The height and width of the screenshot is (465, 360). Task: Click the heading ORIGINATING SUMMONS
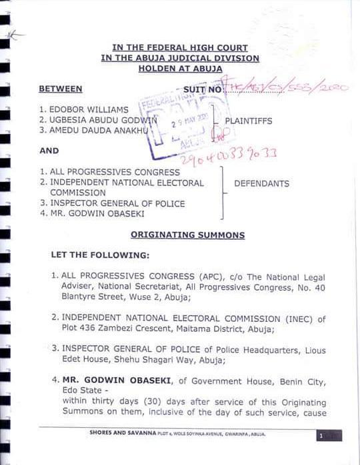(x=187, y=235)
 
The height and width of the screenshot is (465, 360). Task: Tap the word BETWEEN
(x=61, y=89)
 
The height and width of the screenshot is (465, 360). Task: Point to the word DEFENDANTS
(x=261, y=183)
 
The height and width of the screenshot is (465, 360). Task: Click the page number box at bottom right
(x=329, y=436)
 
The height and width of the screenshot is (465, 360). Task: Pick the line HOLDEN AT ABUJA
(x=180, y=68)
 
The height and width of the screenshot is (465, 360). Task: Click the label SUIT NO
(x=202, y=89)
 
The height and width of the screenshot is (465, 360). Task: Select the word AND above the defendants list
(x=49, y=151)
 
